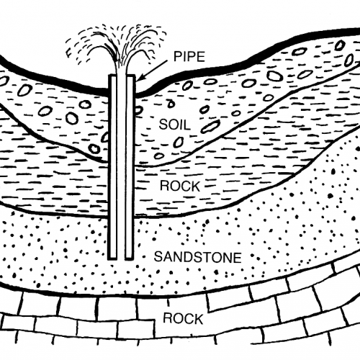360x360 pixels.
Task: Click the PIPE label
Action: pos(189,57)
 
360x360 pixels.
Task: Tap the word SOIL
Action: pos(175,125)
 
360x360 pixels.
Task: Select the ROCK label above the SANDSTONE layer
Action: pos(180,186)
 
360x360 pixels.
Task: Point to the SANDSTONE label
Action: pos(197,257)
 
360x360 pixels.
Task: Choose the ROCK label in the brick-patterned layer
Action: pos(183,319)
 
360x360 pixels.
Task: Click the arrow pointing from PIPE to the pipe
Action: pos(153,71)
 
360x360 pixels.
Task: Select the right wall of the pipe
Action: pos(130,167)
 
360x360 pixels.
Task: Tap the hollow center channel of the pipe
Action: pos(122,167)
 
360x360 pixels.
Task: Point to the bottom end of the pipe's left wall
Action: pos(113,258)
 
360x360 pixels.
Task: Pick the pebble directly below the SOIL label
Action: pos(179,143)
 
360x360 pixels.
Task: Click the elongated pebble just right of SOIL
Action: pos(210,127)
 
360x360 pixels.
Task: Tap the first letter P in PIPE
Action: pos(178,57)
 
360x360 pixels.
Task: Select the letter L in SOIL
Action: pos(187,125)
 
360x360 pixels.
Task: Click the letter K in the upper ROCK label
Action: pos(195,186)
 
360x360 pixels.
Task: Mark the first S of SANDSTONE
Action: pos(158,257)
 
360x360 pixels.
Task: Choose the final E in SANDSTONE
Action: pos(238,257)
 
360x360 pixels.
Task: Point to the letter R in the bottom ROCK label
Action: pos(168,319)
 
